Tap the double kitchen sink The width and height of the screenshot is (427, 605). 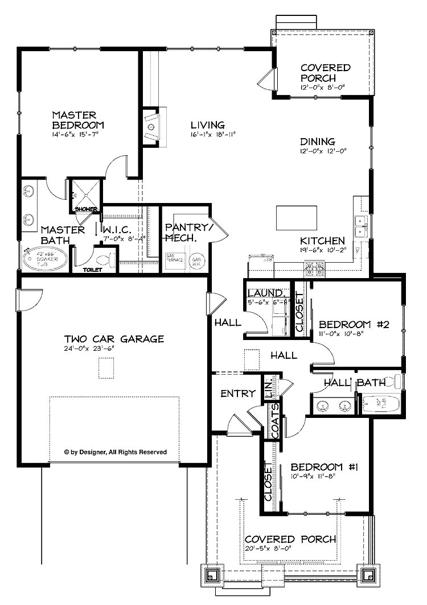[x=360, y=226]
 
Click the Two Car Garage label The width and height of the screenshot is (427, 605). [x=114, y=339]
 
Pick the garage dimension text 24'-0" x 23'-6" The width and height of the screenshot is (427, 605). [x=114, y=350]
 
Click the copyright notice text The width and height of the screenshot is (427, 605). [x=116, y=453]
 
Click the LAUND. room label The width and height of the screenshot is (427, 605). [x=265, y=293]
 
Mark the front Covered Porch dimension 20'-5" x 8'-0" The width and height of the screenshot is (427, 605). [x=290, y=550]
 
